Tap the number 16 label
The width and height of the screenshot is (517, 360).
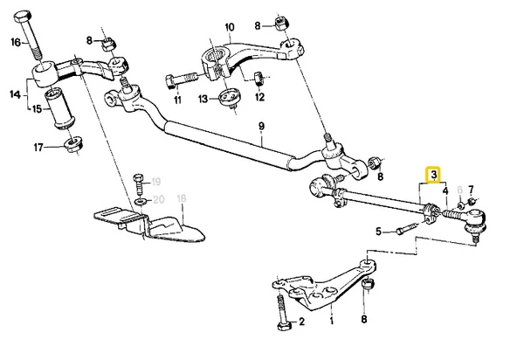[x=15, y=41]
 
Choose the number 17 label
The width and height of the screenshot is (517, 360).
[x=38, y=149]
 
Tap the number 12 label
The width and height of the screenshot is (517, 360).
[x=259, y=98]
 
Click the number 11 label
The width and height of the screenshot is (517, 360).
[x=177, y=100]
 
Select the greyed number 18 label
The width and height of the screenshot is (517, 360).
[x=182, y=199]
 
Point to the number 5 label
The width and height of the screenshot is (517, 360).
[x=379, y=232]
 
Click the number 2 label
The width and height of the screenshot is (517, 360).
[x=301, y=322]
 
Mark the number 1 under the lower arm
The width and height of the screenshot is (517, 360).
[x=331, y=322]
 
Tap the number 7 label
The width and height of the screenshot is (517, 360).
[x=471, y=190]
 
